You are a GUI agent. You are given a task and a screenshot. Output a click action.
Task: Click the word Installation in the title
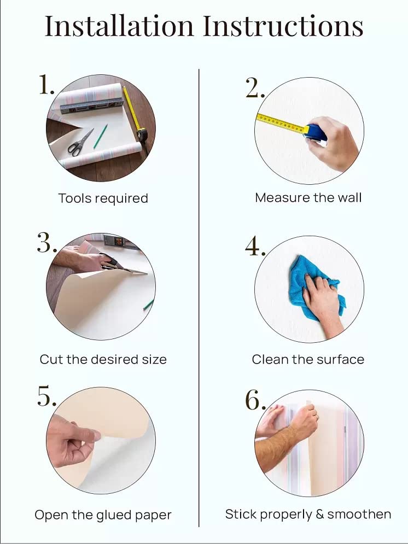pos(119,26)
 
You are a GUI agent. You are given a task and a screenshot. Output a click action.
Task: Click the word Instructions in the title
pos(283,26)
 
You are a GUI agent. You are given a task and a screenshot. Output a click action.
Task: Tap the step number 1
pos(46,84)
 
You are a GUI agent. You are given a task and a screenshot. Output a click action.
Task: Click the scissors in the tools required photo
pos(80,142)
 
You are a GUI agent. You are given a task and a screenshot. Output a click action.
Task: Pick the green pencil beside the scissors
pos(100,136)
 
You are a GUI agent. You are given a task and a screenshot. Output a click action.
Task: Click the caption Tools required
pos(103,198)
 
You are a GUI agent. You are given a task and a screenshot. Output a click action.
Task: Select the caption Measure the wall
pos(308,198)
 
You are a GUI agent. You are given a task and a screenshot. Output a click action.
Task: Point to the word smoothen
pos(359,514)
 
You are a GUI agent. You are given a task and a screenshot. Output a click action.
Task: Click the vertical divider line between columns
pos(199,297)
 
